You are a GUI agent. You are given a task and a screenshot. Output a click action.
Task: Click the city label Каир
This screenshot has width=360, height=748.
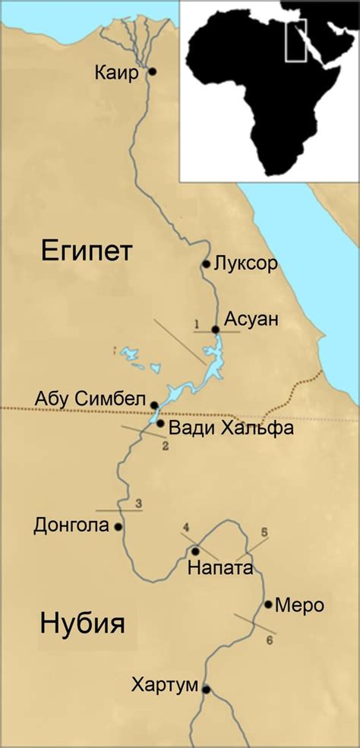(x=116, y=74)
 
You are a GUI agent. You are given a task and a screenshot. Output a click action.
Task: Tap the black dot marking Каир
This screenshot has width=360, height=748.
(x=152, y=72)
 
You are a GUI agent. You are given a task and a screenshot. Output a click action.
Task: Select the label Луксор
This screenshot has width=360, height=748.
(x=245, y=264)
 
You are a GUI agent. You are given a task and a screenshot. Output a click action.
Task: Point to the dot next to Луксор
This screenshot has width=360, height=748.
(x=206, y=264)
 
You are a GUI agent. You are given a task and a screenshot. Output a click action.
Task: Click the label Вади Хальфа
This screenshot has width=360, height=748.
(x=219, y=428)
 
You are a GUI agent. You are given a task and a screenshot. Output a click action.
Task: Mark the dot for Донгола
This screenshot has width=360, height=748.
(x=118, y=526)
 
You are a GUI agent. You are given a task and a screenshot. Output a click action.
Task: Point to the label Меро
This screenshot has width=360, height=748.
(x=299, y=605)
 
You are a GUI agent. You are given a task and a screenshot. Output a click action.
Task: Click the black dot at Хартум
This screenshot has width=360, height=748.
(x=206, y=690)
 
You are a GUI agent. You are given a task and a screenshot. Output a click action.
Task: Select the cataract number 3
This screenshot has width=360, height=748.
(x=138, y=503)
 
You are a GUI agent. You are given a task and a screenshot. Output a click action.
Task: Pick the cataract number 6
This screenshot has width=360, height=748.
(x=270, y=641)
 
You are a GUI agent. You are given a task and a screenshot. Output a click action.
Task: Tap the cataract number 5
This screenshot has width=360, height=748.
(x=264, y=532)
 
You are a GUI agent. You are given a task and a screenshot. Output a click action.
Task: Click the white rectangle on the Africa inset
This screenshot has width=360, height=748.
(x=295, y=39)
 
